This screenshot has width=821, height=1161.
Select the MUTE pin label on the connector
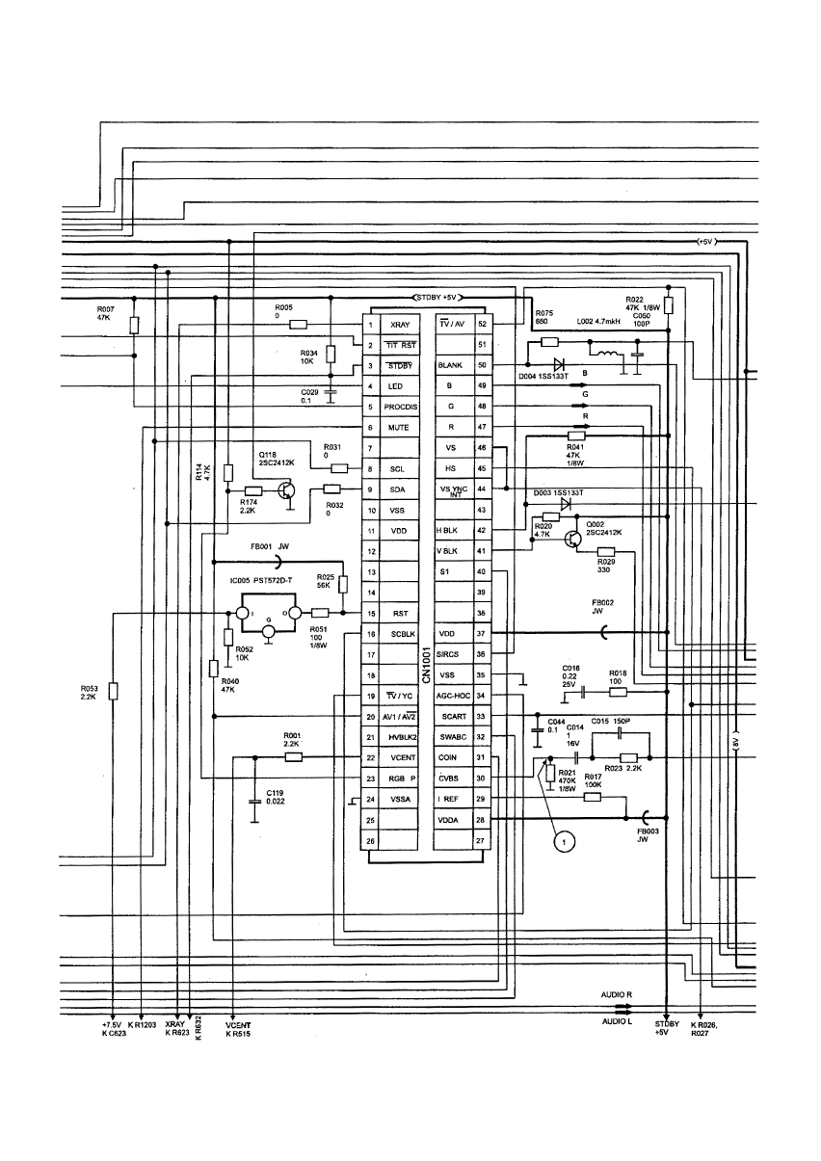(x=399, y=428)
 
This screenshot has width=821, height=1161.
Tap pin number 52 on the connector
(x=481, y=325)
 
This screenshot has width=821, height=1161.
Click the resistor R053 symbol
(x=114, y=690)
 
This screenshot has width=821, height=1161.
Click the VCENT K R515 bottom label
(x=237, y=1030)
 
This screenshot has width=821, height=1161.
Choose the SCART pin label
(x=453, y=717)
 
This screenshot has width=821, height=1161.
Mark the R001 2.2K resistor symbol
(x=293, y=757)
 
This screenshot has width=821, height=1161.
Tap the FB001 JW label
(x=271, y=544)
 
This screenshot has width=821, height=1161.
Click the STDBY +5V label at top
(x=439, y=297)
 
